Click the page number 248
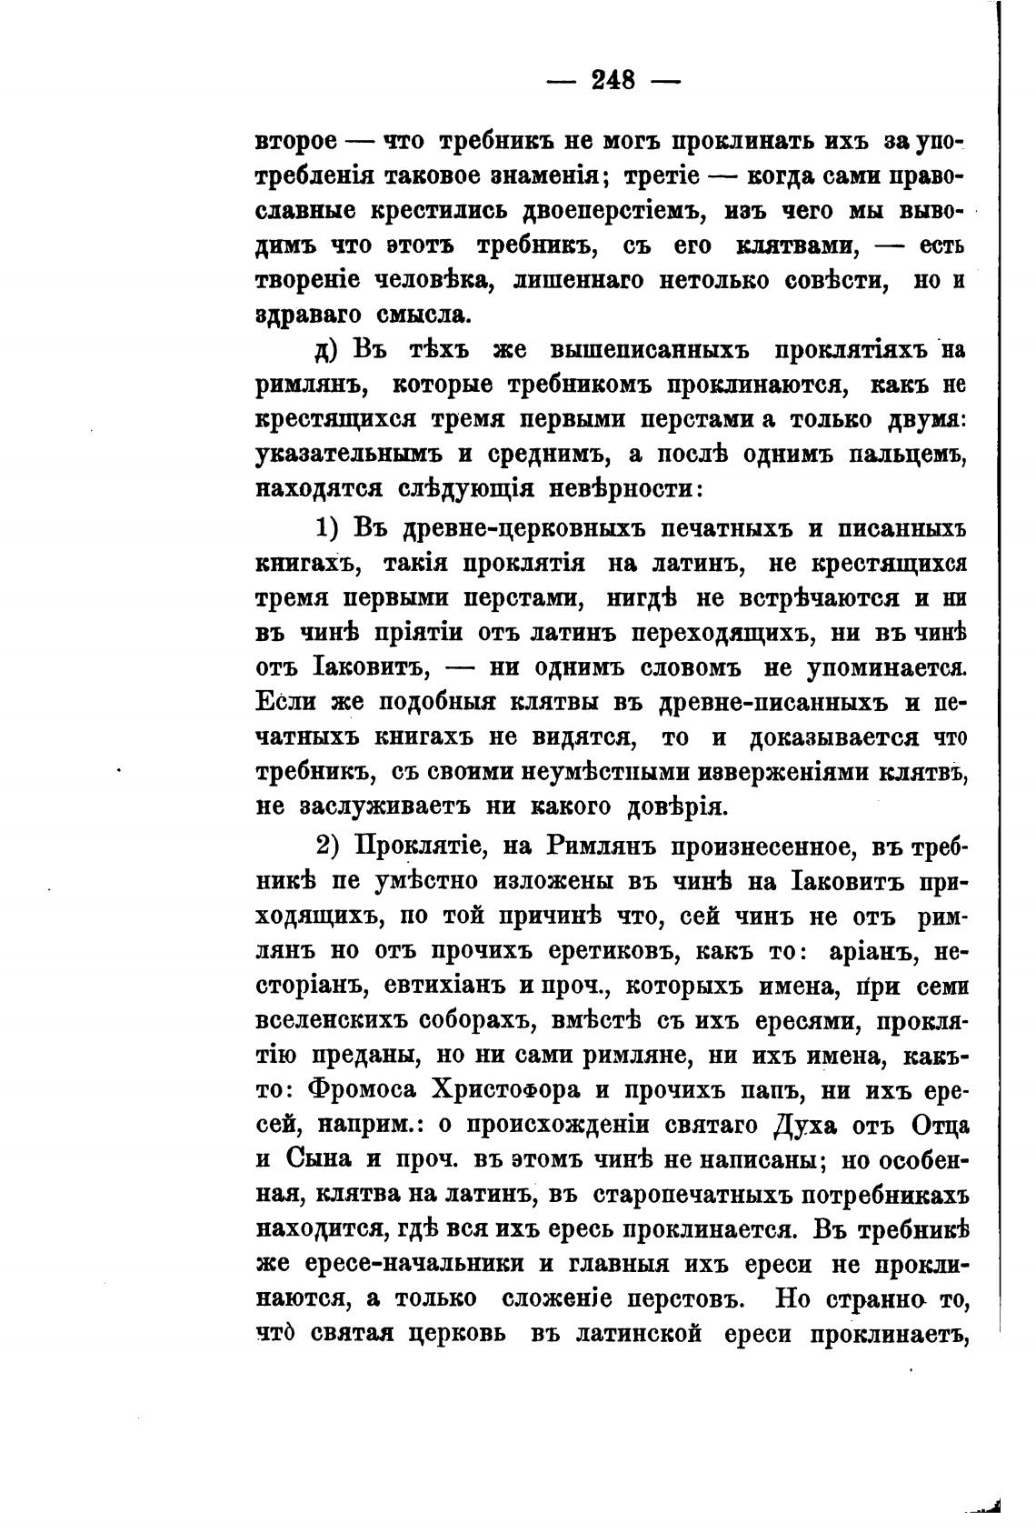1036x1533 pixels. point(613,80)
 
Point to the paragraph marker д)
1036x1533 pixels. point(326,351)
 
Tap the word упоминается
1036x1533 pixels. point(887,667)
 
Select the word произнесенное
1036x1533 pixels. point(763,846)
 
